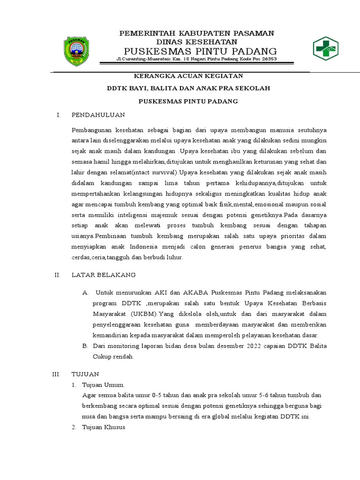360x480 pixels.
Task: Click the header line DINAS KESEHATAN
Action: point(197,42)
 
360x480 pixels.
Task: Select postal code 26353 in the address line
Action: point(268,60)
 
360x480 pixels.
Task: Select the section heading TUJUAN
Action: point(84,374)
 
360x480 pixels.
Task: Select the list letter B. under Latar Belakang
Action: point(85,346)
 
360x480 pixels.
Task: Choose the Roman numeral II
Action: point(57,275)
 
